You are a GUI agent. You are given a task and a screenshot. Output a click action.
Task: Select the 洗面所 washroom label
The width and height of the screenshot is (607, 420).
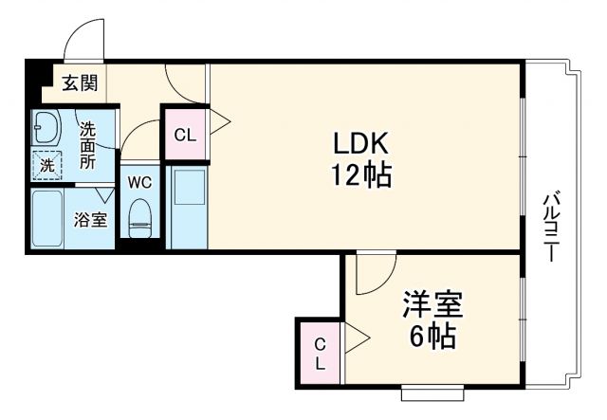(88, 146)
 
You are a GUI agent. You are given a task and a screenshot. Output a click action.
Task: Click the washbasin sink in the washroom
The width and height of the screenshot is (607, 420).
(46, 126)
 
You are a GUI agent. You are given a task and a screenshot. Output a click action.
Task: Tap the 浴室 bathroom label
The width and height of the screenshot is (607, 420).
(91, 219)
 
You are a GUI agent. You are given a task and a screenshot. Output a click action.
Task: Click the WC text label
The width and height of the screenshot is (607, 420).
(139, 181)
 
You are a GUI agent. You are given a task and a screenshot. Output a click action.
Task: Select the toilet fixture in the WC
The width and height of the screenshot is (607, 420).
(140, 217)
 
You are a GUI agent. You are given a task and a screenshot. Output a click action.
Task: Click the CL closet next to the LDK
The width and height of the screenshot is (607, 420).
(185, 134)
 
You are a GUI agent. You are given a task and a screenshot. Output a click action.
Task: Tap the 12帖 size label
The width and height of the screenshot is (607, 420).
(360, 175)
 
